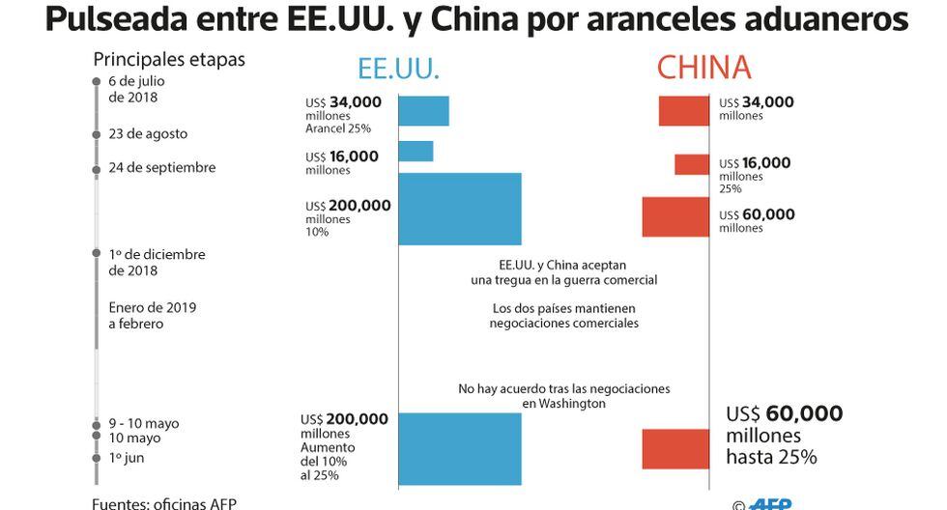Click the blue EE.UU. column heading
(398, 69)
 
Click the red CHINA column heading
(703, 68)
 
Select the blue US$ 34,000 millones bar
(423, 111)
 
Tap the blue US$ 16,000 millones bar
(416, 152)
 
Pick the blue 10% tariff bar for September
(459, 209)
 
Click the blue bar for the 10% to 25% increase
(459, 449)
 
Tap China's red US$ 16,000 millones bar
(692, 164)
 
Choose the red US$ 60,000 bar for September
(676, 217)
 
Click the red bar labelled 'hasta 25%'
(676, 449)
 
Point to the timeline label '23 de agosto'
(148, 134)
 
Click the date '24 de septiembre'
(161, 168)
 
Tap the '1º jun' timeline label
(127, 458)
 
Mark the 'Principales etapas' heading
(169, 59)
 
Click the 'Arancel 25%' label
(338, 128)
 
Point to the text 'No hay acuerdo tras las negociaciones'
(564, 388)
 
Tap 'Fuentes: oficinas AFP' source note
(164, 503)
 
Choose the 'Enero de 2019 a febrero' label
(153, 316)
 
